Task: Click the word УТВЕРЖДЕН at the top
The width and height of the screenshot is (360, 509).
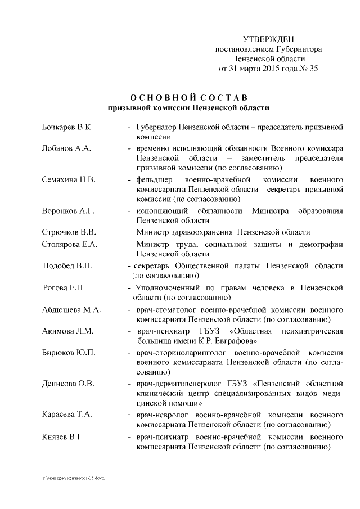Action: click(268, 39)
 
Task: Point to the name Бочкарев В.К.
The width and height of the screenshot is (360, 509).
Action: click(67, 128)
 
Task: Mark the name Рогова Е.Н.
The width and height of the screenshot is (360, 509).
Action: click(64, 287)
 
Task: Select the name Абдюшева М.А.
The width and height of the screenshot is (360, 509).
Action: click(71, 310)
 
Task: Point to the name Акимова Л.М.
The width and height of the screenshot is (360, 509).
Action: click(67, 331)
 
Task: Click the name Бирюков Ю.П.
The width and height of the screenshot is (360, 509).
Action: click(69, 352)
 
